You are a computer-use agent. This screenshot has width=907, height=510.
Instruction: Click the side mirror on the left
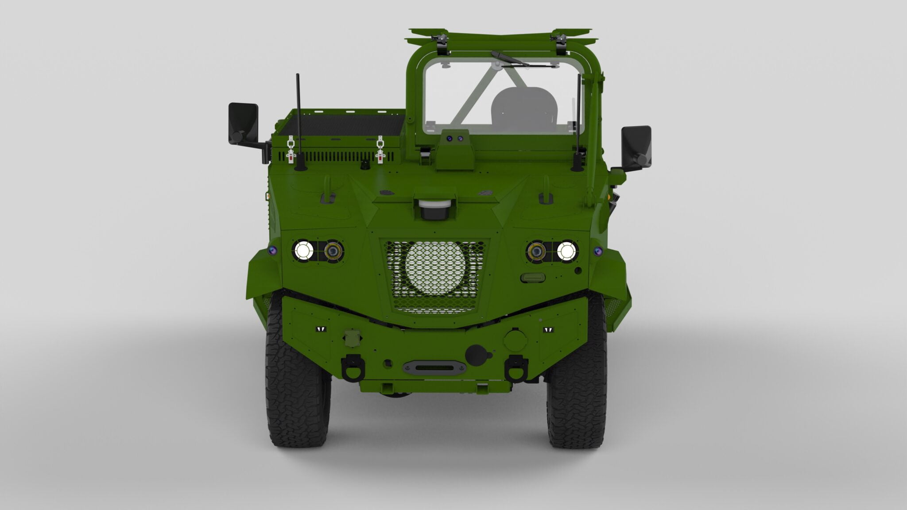[243, 123]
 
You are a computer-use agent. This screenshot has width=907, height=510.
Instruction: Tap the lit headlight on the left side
[304, 251]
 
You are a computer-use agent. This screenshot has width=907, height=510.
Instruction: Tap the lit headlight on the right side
[566, 251]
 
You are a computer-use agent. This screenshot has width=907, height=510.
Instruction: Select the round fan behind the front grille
[435, 268]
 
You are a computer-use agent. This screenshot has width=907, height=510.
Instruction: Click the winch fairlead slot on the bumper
[434, 367]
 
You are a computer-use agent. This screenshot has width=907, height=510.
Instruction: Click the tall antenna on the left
[298, 120]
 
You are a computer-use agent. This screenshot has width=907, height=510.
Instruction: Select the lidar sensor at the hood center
[435, 209]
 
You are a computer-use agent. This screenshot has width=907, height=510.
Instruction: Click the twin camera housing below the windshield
[455, 138]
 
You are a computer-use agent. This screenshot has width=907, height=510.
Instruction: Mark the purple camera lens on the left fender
[273, 251]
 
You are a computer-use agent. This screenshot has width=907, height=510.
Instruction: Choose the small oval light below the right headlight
[533, 278]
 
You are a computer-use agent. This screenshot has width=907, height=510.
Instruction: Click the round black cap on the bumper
[476, 355]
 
